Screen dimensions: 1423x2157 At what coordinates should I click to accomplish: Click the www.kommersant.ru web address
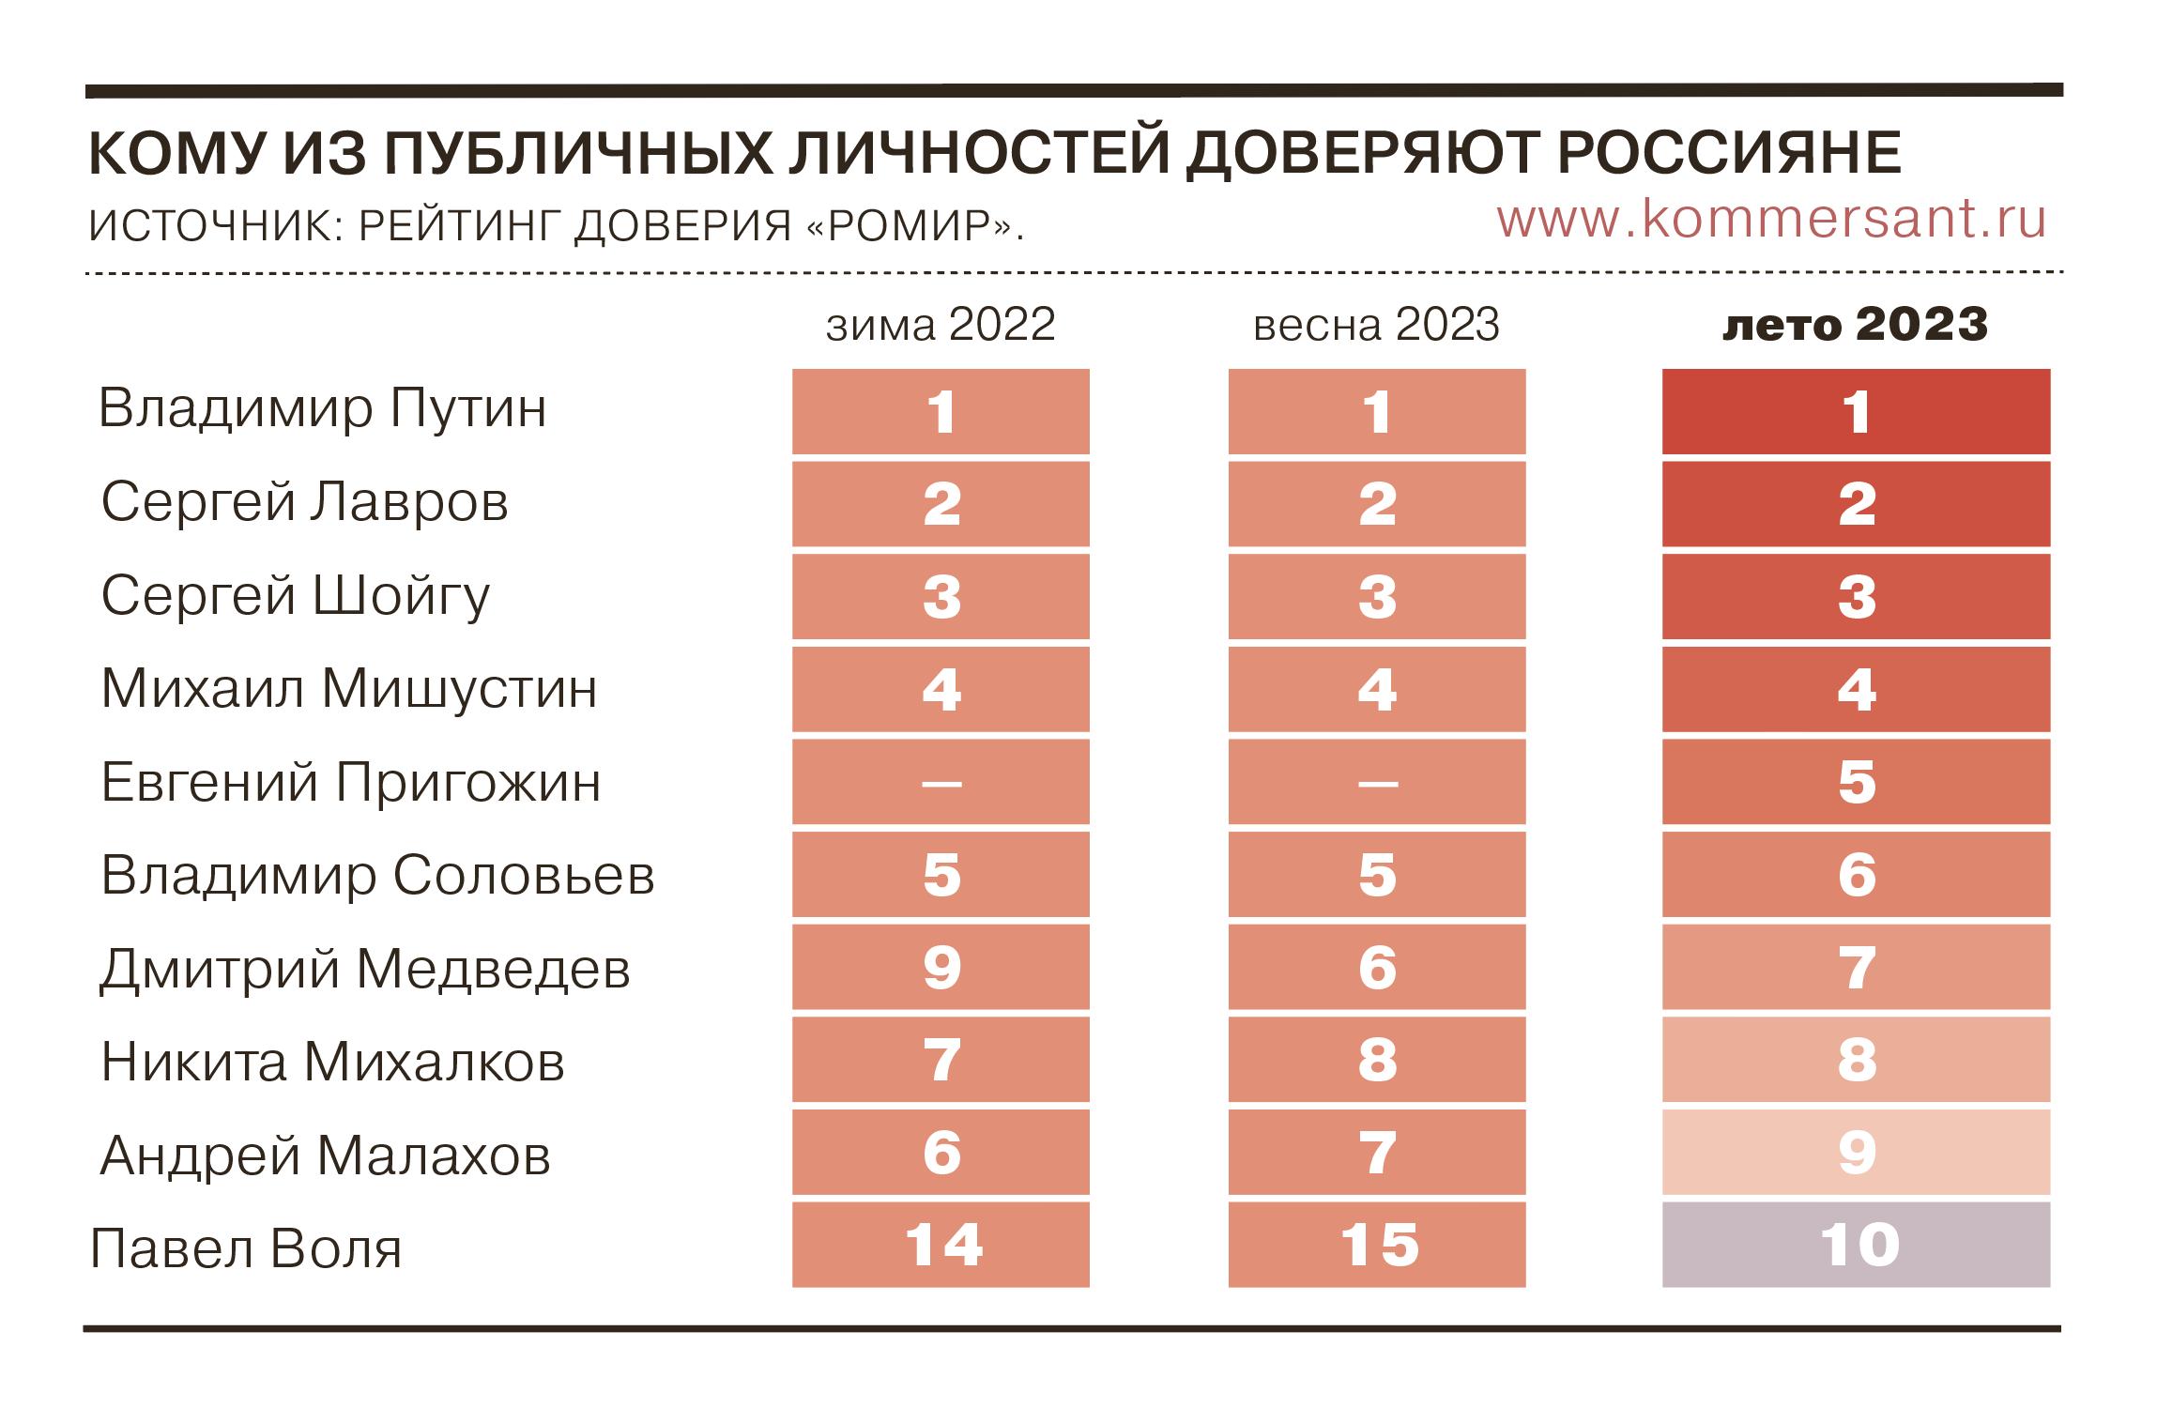tap(1770, 219)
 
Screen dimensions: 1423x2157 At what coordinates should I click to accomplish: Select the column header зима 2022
tap(941, 324)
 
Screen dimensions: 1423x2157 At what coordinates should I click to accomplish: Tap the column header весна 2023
tap(1376, 324)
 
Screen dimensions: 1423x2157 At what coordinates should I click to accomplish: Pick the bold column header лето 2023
tap(1855, 324)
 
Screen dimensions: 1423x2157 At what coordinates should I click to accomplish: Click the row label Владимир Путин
tap(322, 408)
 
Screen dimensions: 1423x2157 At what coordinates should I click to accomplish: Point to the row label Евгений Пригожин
tap(350, 782)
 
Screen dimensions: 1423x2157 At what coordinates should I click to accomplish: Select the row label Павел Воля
tap(246, 1248)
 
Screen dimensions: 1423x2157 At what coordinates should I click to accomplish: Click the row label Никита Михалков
tap(332, 1062)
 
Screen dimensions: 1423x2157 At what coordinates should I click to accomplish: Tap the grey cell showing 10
tap(1856, 1245)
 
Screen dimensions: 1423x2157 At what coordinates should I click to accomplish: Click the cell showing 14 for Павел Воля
tap(941, 1245)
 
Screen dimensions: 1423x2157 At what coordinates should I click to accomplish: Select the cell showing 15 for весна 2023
tap(1376, 1245)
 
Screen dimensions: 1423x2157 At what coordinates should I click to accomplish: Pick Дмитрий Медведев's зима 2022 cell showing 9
tap(941, 967)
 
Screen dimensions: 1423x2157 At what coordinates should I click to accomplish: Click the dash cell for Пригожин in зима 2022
tap(941, 782)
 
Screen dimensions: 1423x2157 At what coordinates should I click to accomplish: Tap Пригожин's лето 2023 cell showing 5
tap(1856, 782)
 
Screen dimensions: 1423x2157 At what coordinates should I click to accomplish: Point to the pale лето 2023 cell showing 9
tap(1856, 1153)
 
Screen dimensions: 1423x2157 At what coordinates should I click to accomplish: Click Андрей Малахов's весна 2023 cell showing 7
tap(1376, 1153)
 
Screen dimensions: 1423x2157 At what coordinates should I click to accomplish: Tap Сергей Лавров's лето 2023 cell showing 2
tap(1856, 504)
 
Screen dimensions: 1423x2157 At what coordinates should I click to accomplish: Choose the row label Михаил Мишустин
tap(348, 689)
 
